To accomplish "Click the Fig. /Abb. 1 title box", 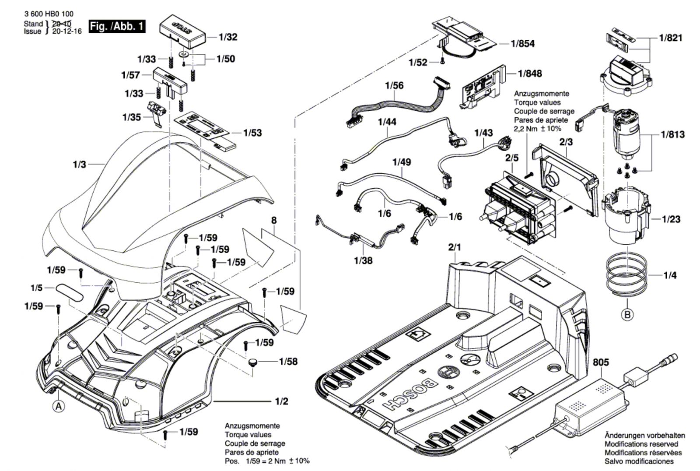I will pos(116,26).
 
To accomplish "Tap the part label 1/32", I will pos(228,37).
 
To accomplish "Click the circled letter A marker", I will pos(58,406).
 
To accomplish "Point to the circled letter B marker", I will pos(627,314).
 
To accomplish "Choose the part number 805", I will pos(601,363).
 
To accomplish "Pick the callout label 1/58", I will pos(288,362).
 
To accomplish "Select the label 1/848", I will pos(529,74).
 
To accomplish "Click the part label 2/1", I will pos(455,247).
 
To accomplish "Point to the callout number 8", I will pos(274,221).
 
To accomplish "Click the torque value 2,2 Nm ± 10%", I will pos(538,129).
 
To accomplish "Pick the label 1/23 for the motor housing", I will pos(671,219).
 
